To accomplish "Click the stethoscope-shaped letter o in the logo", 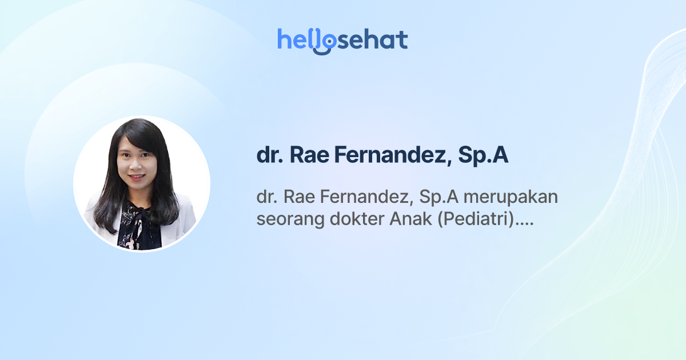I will (324, 42).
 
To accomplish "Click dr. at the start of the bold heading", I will (269, 155).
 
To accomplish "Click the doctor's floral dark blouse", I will (138, 226).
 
